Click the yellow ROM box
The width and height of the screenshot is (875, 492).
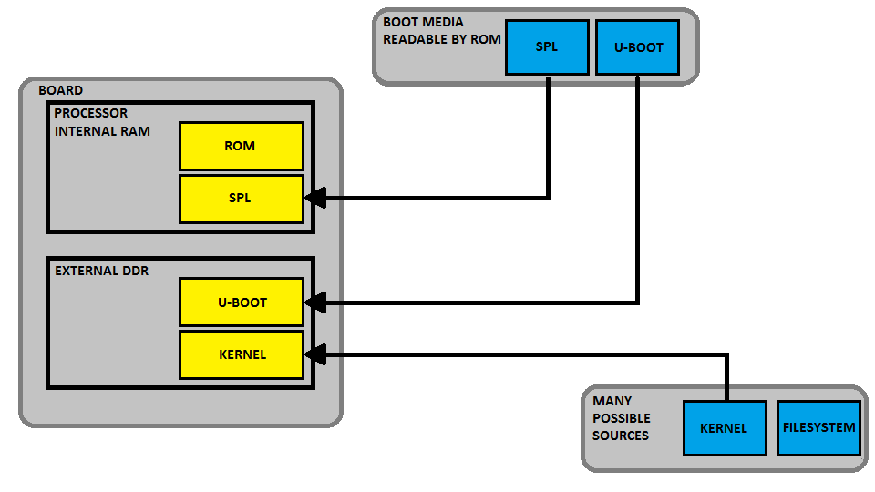(x=241, y=146)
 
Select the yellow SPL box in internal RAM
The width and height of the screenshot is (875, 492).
(x=241, y=198)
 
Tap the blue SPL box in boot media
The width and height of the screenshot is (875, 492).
(x=547, y=46)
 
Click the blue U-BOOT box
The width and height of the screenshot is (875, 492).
(x=637, y=46)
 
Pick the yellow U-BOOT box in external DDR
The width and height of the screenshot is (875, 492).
(x=241, y=302)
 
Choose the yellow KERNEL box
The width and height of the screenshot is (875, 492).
(x=241, y=354)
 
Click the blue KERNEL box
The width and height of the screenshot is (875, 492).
(x=724, y=427)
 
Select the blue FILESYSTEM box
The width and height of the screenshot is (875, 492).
(x=819, y=427)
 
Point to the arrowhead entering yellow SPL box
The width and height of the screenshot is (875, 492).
(x=314, y=198)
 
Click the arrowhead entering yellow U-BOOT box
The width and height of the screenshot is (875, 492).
(x=314, y=302)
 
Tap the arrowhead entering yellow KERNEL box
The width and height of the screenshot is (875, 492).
(x=314, y=354)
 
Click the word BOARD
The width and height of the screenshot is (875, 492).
(x=60, y=90)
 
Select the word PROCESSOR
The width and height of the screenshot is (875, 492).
(x=91, y=114)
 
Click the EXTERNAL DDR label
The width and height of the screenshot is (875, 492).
(x=99, y=271)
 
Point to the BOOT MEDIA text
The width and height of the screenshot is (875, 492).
(x=423, y=22)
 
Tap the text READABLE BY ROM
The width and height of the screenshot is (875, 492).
(x=438, y=39)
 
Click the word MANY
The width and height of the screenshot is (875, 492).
(x=612, y=401)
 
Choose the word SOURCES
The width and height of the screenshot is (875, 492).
(x=621, y=436)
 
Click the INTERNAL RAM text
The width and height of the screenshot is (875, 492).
(x=102, y=131)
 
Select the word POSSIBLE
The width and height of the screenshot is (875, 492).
(x=622, y=418)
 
